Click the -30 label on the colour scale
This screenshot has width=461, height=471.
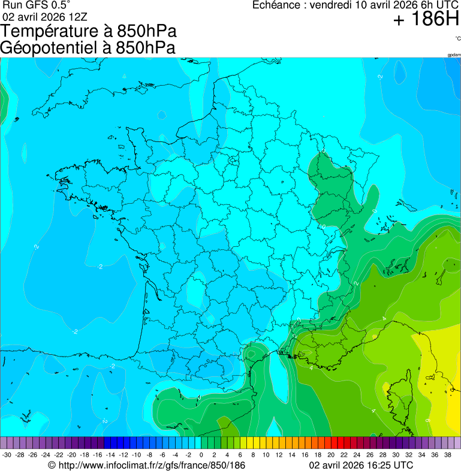click(x=7, y=455)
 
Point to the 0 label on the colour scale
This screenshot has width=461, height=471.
click(x=201, y=455)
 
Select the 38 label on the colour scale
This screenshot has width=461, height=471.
click(x=447, y=455)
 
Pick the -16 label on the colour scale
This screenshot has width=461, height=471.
click(x=97, y=455)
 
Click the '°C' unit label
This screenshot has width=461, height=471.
click(x=457, y=38)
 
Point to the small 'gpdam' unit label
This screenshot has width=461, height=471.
click(x=454, y=55)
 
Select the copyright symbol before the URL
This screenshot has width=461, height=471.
click(x=52, y=465)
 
